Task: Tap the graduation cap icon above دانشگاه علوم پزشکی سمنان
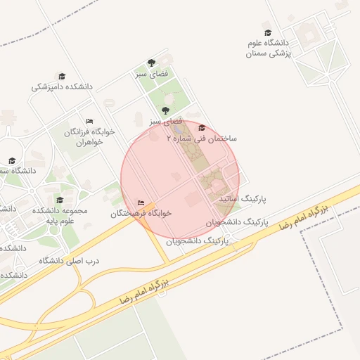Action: click(267, 32)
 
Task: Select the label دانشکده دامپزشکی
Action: click(62, 87)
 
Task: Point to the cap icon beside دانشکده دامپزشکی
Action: click(62, 77)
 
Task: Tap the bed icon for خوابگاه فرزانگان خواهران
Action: click(89, 121)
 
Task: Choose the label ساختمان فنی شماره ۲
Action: click(202, 139)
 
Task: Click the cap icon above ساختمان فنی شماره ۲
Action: click(202, 128)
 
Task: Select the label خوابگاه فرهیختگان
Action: click(141, 212)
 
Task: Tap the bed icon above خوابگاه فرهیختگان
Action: click(141, 202)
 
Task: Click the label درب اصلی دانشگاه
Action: click(69, 260)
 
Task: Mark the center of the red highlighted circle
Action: click(181, 179)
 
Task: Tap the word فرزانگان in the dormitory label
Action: click(79, 131)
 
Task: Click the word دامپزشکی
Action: click(48, 87)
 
